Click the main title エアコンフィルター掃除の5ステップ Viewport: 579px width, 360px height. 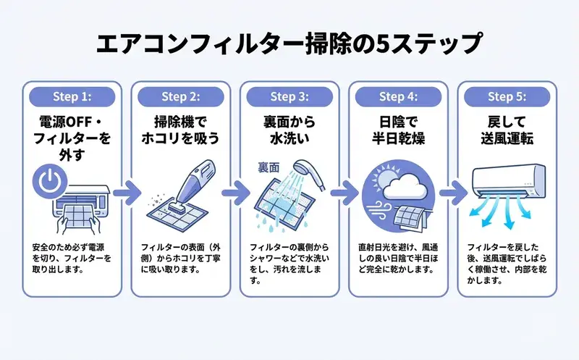click(289, 43)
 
